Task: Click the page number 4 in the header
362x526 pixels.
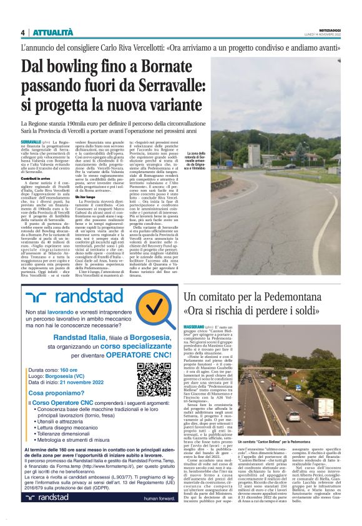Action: click(22, 32)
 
